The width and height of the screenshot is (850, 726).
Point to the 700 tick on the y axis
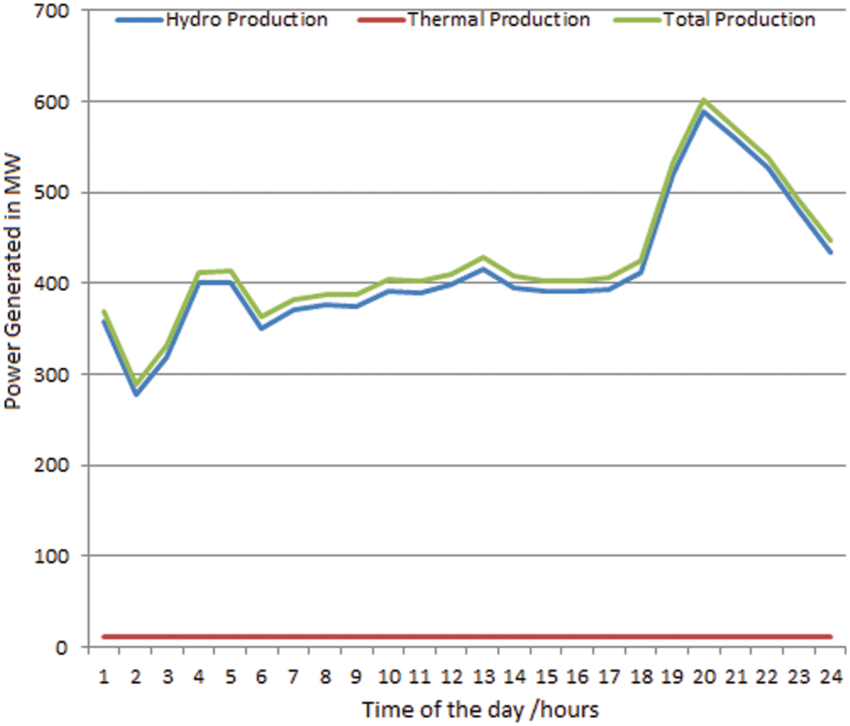pos(52,11)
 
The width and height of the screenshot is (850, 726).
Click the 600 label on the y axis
pos(52,102)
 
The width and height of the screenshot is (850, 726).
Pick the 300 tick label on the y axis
pos(52,375)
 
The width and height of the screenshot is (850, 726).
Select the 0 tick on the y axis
pos(61,648)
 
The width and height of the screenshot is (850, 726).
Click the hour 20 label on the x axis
pos(704,677)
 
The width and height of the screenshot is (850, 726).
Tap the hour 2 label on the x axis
pos(136,677)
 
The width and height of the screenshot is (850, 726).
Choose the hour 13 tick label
pos(483,677)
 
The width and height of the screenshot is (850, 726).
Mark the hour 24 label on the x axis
pos(830,677)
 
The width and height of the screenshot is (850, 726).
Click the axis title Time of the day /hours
pos(480,710)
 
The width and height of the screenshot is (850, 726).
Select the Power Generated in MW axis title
pos(13,282)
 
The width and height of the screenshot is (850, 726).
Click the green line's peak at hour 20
pos(704,100)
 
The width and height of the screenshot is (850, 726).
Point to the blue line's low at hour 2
pos(136,394)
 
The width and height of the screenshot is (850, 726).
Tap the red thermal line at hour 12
pos(452,637)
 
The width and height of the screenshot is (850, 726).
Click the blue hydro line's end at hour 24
pos(830,252)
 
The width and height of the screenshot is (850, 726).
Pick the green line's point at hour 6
pos(262,317)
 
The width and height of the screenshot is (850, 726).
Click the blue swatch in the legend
pos(139,20)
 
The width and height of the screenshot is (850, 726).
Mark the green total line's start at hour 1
pos(104,312)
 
